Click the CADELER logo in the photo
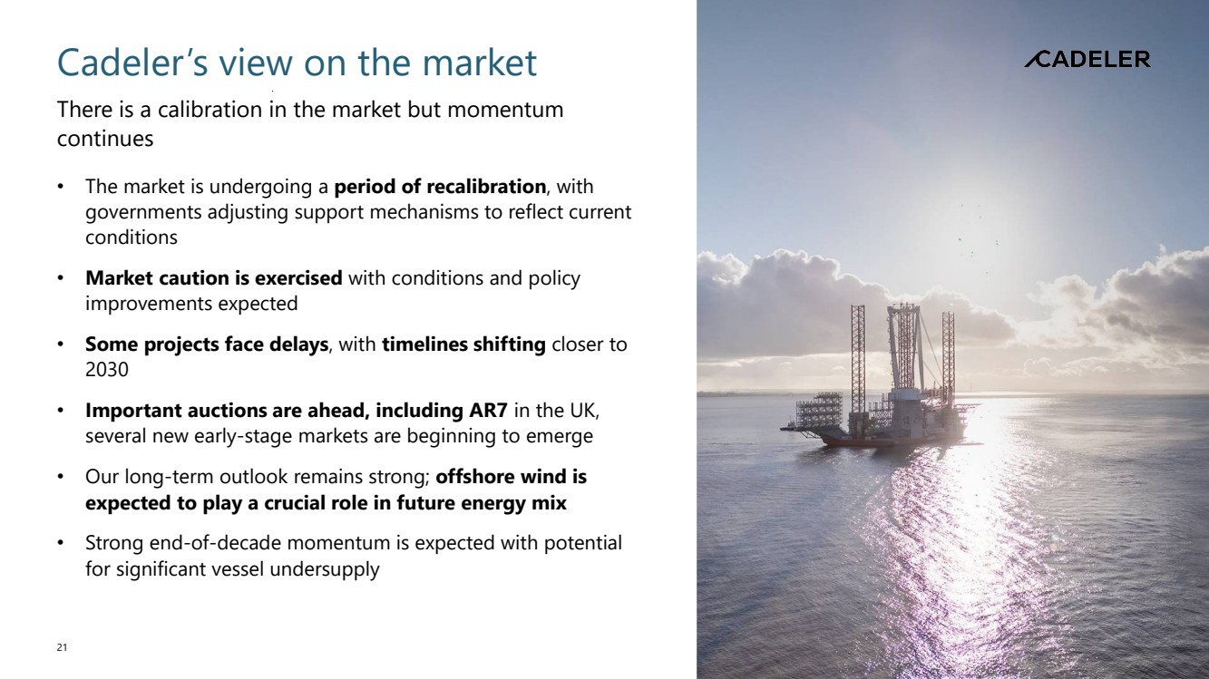(1087, 59)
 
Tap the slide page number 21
(62, 647)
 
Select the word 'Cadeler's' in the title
(132, 63)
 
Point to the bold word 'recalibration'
(486, 187)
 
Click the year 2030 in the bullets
(107, 370)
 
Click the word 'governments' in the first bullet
(143, 212)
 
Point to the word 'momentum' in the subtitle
(505, 110)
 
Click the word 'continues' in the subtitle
(105, 139)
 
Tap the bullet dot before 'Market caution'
(61, 278)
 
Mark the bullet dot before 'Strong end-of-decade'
(61, 543)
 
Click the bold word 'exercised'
(297, 278)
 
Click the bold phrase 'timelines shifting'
(463, 344)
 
